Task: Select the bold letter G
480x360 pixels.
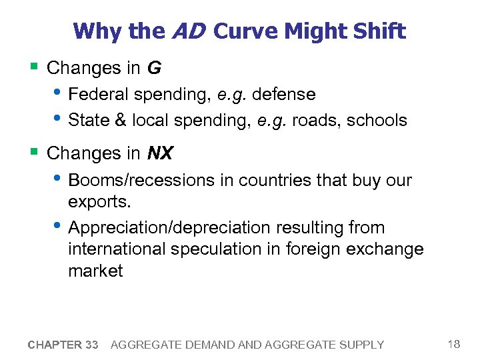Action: (153, 67)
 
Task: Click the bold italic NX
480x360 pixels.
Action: (159, 153)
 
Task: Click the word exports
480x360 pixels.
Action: (99, 201)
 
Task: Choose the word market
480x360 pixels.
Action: (95, 271)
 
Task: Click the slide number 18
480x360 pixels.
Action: (453, 344)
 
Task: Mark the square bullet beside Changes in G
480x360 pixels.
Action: (33, 66)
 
